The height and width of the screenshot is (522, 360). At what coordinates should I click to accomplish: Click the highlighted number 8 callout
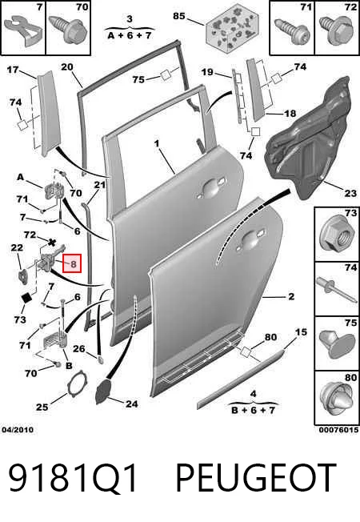point(73,263)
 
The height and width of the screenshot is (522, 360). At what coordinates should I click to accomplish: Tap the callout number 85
point(179,16)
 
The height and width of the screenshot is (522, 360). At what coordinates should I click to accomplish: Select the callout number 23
point(350,193)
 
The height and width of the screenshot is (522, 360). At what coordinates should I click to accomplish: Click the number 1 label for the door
point(157,143)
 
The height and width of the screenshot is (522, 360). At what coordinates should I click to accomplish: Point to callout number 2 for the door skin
point(291,296)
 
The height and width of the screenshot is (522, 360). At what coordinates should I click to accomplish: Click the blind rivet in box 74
point(337,290)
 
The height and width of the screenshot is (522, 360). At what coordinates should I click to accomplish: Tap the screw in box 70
point(68,29)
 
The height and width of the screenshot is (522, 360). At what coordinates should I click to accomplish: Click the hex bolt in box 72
point(336,30)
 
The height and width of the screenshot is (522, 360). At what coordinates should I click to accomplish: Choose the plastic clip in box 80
point(336,401)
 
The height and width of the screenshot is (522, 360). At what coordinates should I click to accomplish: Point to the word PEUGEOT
point(255,478)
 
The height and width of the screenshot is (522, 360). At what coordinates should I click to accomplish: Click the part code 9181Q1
point(73,478)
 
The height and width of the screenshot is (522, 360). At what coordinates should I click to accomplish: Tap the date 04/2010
point(18,430)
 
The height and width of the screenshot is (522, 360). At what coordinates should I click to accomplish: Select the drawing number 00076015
point(338,430)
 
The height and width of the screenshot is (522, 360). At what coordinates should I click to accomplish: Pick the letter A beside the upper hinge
point(21,177)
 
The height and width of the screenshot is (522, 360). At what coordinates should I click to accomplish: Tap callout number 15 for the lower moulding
point(301,332)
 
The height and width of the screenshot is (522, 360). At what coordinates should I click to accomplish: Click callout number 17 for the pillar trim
point(13,70)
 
